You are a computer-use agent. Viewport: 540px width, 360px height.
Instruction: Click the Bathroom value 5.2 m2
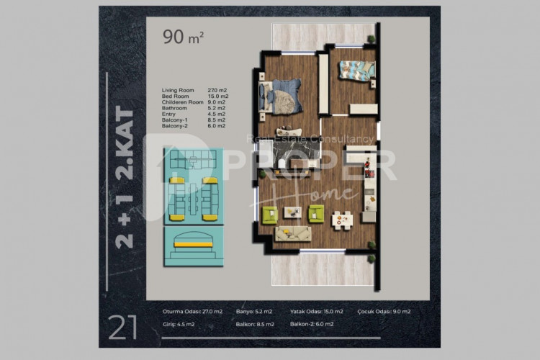pos(218,107)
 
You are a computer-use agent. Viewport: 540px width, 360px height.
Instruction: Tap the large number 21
pos(123,328)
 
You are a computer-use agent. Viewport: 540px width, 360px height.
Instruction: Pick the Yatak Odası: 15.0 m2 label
pos(317,312)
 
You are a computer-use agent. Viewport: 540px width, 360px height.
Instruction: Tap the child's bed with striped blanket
pos(356,69)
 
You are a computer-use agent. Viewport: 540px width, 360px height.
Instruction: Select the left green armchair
pos(270,213)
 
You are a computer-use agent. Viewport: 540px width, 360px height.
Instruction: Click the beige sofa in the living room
pos(292,232)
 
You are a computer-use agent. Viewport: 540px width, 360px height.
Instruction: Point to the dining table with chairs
pos(341,217)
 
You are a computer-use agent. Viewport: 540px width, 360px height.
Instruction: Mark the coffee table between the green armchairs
pos(292,212)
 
